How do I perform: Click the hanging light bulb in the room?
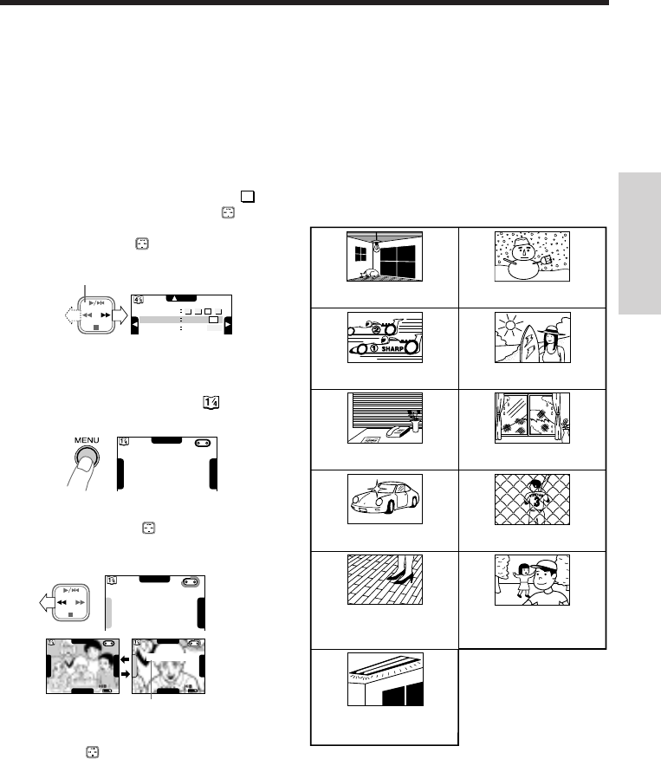tap(377, 245)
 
